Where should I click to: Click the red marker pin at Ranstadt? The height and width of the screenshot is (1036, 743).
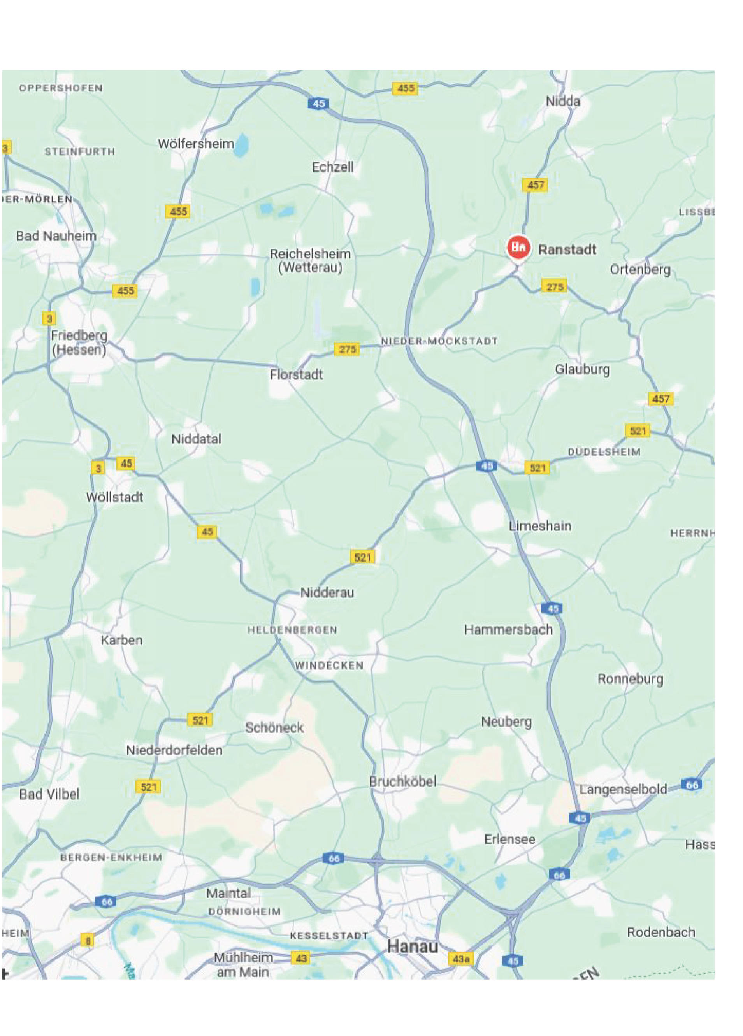[518, 248]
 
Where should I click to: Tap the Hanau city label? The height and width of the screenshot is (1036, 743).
[412, 946]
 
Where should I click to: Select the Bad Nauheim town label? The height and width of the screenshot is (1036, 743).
[56, 236]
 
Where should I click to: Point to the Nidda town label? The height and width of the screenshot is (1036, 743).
[562, 102]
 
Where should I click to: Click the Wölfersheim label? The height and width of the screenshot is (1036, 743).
[195, 144]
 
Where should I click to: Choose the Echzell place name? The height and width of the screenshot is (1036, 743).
[333, 167]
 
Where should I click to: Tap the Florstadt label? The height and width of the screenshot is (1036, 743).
[296, 374]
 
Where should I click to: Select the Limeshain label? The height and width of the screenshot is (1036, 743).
[540, 526]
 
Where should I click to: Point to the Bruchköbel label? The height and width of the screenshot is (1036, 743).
[402, 781]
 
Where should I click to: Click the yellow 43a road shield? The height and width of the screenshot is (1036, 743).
[460, 959]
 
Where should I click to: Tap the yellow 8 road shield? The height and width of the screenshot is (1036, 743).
[87, 941]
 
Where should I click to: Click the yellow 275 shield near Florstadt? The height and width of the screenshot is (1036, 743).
[347, 349]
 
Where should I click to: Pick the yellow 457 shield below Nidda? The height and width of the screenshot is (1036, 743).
[535, 185]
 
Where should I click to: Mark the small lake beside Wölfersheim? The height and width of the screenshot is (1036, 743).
[242, 145]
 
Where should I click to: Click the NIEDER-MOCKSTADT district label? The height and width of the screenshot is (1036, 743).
[439, 341]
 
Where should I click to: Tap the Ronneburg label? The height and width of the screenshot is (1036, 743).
[630, 679]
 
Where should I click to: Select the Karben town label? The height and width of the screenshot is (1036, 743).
[121, 641]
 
